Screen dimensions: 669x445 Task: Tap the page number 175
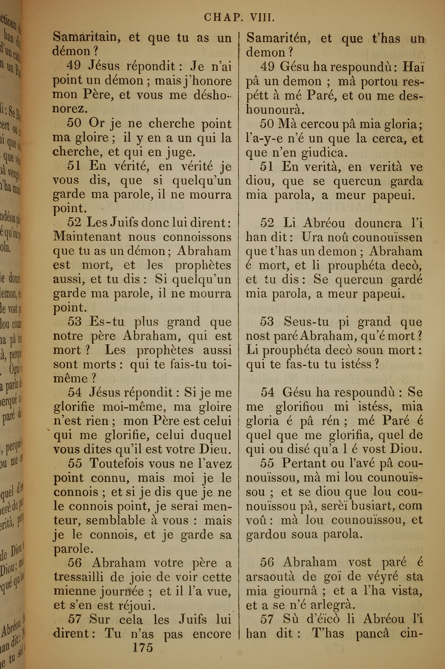pyautogui.click(x=143, y=653)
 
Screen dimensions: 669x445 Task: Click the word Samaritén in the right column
pyautogui.click(x=278, y=38)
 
